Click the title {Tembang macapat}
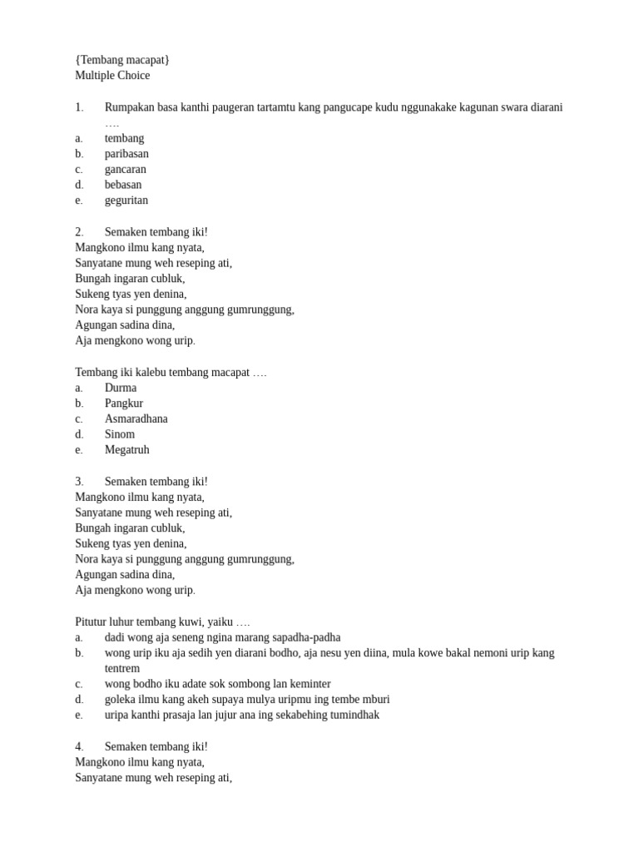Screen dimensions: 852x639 point(122,60)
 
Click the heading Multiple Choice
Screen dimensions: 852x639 point(112,76)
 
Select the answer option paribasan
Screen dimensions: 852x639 point(126,154)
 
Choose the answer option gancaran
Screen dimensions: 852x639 point(125,170)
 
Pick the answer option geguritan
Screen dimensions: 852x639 point(126,201)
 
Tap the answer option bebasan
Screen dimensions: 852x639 point(123,185)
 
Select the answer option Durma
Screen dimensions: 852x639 point(121,388)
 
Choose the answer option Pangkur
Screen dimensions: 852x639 point(124,404)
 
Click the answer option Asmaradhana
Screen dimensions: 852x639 point(136,419)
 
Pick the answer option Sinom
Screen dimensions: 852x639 point(120,434)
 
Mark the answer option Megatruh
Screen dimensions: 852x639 point(127,450)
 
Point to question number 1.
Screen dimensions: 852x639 point(79,107)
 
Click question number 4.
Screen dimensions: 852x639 point(79,746)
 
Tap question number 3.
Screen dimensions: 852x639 point(79,482)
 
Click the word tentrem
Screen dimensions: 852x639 point(122,668)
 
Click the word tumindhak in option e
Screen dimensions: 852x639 point(352,715)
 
